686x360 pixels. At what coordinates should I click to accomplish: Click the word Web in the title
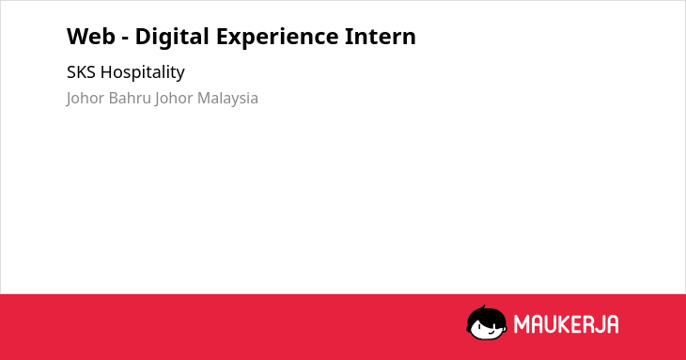(91, 37)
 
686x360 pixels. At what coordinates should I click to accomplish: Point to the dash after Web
(125, 39)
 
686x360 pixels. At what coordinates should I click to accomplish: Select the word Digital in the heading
(172, 38)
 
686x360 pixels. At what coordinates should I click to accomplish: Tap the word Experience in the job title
(277, 38)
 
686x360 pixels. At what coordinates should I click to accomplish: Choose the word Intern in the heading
(381, 37)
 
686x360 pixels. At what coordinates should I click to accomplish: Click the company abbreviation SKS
(81, 72)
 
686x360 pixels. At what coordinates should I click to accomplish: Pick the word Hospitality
(143, 72)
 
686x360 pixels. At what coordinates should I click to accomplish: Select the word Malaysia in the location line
(227, 99)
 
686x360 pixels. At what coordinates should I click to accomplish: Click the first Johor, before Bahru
(86, 99)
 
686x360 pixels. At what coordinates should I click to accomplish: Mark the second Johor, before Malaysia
(174, 99)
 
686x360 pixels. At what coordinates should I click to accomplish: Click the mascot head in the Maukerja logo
(487, 323)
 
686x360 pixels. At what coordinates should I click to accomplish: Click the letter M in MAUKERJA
(522, 324)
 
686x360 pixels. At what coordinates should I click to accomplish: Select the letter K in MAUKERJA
(566, 324)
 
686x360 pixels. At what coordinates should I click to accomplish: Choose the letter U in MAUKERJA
(551, 324)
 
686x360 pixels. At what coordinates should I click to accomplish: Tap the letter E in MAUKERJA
(578, 324)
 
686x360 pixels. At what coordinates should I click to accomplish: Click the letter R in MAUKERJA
(590, 324)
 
